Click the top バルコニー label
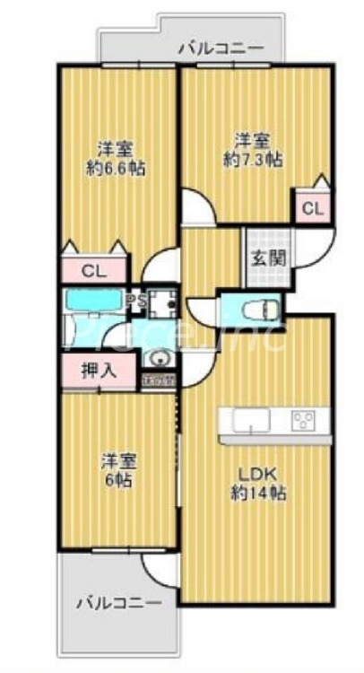pos(220,48)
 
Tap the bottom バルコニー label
pos(117,600)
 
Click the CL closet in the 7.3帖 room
pos(311,208)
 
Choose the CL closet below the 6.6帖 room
pos(93,270)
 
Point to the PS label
pos(136,300)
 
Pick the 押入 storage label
pos(98,370)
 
